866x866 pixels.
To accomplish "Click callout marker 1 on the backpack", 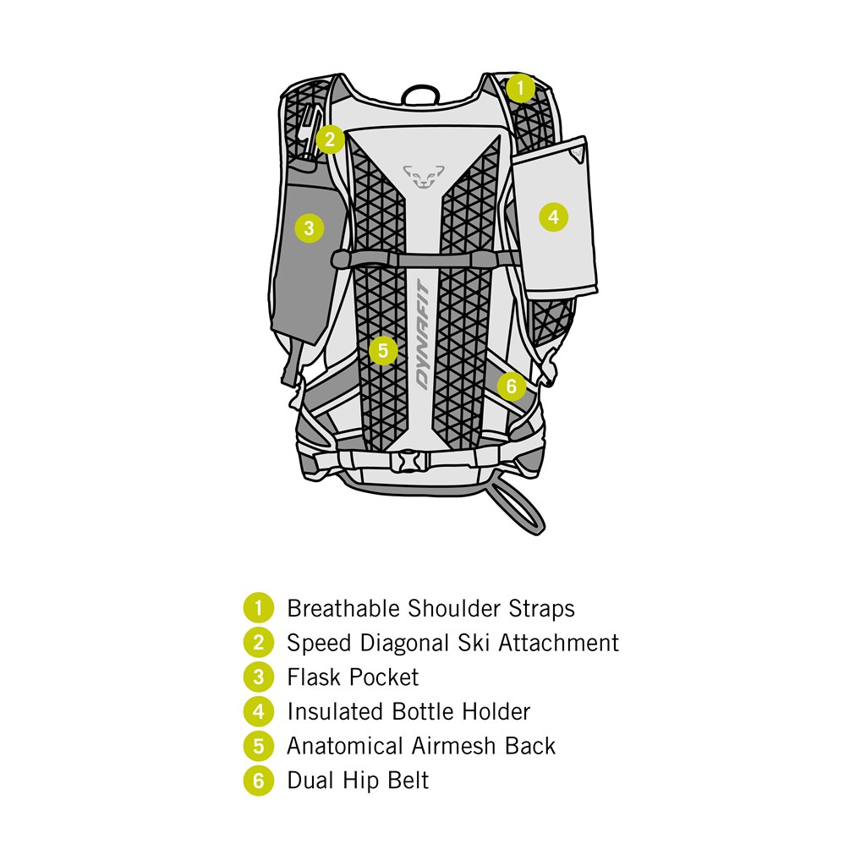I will [x=521, y=87].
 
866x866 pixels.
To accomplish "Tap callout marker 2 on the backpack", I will [x=330, y=139].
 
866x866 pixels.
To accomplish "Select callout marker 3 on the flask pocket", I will [x=309, y=227].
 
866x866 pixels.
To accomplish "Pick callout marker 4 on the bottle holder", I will [x=553, y=216].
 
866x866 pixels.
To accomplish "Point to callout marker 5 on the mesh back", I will [x=383, y=349].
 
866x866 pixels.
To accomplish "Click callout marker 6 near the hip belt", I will [x=511, y=386].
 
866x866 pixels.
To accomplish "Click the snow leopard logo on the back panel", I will [x=423, y=176].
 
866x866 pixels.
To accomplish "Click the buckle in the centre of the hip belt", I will [x=410, y=461].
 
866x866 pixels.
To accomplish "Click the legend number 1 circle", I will [x=258, y=608].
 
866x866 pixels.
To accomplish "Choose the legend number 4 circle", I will [x=258, y=712].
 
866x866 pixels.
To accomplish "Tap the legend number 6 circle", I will [x=258, y=781].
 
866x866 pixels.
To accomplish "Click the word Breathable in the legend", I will [x=344, y=608].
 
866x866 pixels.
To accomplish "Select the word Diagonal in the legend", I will [x=403, y=643].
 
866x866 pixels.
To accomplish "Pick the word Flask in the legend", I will [x=315, y=677].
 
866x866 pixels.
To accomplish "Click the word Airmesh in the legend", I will [x=455, y=746].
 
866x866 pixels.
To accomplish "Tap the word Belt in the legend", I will [x=408, y=781].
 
